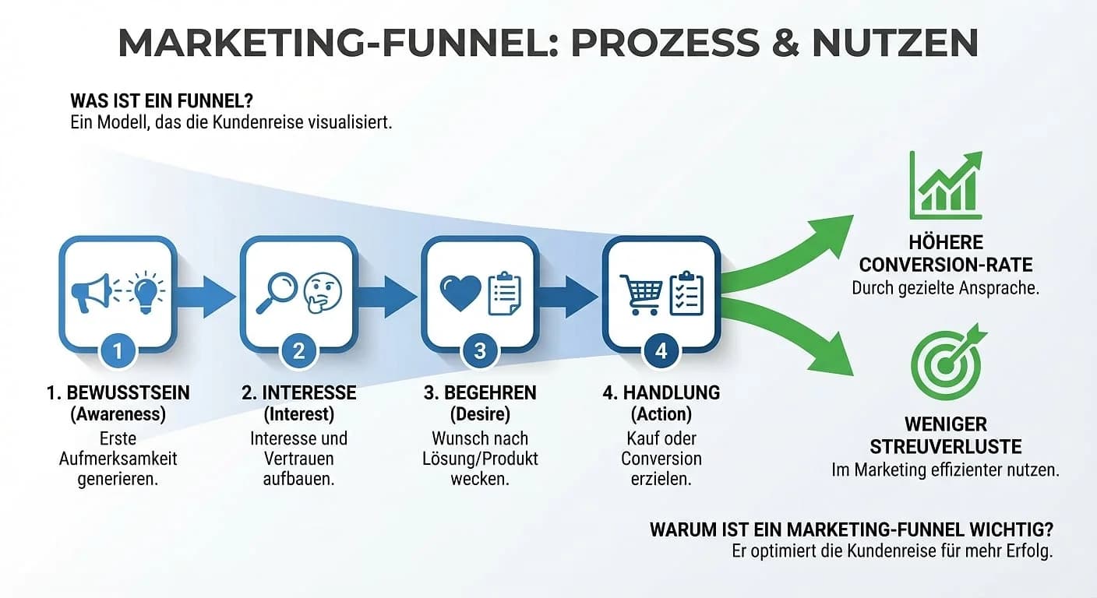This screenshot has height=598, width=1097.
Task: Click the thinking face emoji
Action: click(x=322, y=292)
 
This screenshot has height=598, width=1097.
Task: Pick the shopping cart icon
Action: click(x=640, y=293)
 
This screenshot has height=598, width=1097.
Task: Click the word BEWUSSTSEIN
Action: click(x=128, y=393)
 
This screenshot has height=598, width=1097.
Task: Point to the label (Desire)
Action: click(x=480, y=414)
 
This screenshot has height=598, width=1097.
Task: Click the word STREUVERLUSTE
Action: click(x=945, y=447)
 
